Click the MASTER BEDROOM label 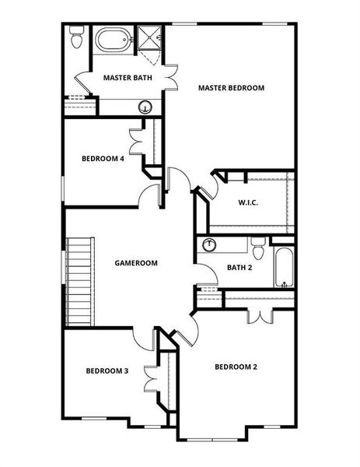click(231, 88)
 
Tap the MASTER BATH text click(128, 78)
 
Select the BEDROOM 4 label click(103, 159)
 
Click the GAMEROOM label click(135, 263)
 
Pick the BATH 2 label click(239, 268)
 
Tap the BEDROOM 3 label click(107, 370)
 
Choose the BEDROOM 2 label click(236, 367)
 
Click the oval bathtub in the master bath click(114, 40)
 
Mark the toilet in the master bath click(76, 37)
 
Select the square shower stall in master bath click(148, 39)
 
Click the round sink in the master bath click(145, 107)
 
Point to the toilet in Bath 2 click(259, 248)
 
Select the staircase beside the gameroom click(79, 281)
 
